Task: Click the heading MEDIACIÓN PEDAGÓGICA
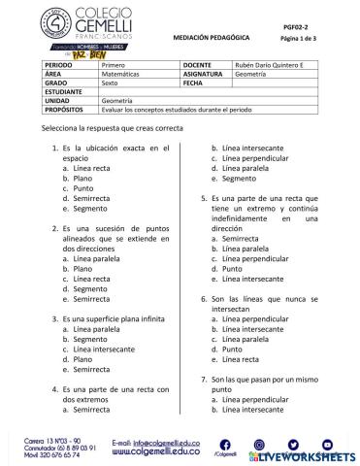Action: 211,36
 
